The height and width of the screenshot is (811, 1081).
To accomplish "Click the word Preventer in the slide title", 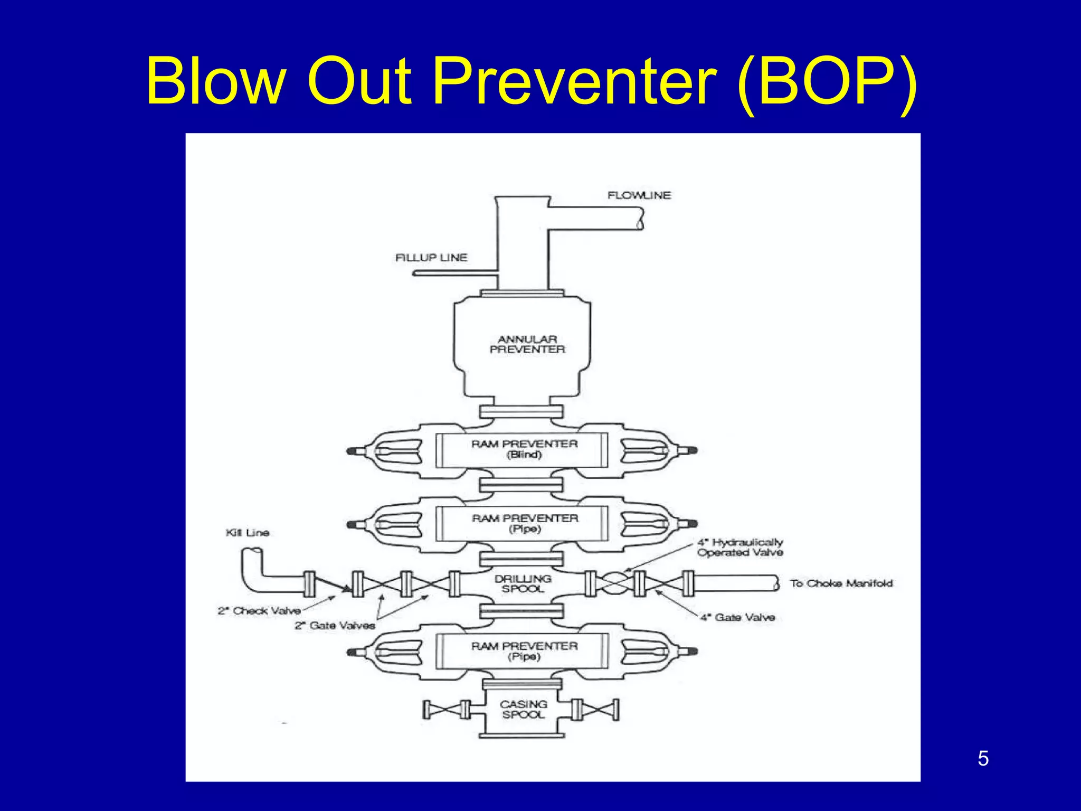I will click(x=574, y=82).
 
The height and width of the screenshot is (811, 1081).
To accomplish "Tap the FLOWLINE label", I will click(x=639, y=195).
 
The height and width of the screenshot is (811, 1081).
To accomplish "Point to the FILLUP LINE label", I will click(x=431, y=258).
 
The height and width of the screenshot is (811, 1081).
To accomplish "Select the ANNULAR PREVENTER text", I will click(x=527, y=344).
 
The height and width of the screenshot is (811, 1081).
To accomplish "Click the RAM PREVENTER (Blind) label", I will click(x=524, y=449).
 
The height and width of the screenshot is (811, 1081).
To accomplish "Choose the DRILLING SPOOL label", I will click(x=523, y=583).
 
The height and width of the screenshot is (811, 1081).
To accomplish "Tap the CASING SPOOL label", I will click(x=523, y=709).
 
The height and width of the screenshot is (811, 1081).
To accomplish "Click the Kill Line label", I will click(x=248, y=533).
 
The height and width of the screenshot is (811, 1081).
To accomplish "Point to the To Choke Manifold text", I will click(x=841, y=583).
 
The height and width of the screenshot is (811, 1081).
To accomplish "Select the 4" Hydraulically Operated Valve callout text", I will click(x=739, y=548).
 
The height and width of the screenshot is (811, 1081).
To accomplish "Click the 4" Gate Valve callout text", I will click(x=737, y=617).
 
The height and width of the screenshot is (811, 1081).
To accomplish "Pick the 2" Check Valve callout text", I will click(x=259, y=611).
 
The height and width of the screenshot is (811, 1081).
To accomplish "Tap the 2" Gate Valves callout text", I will click(x=335, y=626).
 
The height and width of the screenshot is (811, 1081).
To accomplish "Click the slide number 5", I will click(x=983, y=758).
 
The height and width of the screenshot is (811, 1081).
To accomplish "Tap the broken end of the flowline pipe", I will click(x=640, y=218).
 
